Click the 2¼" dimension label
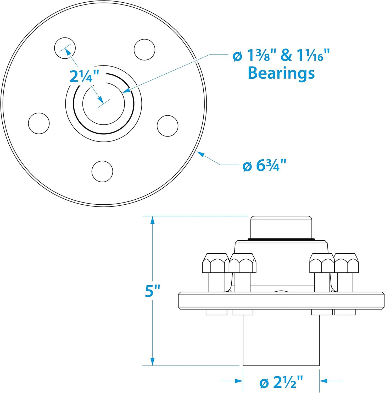click(x=84, y=77)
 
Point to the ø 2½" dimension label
click(x=281, y=382)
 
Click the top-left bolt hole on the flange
click(x=65, y=48)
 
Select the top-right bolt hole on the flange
click(x=144, y=50)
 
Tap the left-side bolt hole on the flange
click(x=39, y=123)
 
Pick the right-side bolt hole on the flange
click(x=168, y=126)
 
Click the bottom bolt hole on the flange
click(x=102, y=171)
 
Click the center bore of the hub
click(x=104, y=104)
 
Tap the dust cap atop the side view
click(x=281, y=227)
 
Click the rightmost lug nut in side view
click(x=346, y=263)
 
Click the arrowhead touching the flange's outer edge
click(x=200, y=154)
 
